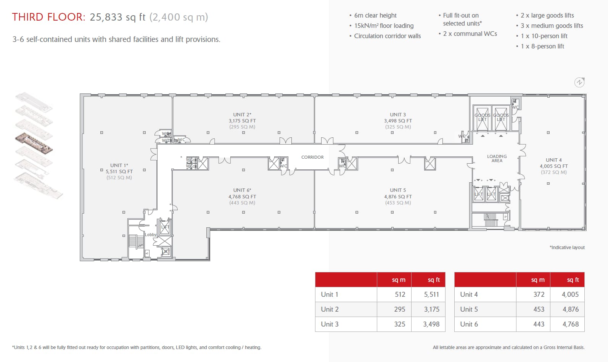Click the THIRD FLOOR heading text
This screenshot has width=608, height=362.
tap(48, 17)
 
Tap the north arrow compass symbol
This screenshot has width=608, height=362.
tap(579, 82)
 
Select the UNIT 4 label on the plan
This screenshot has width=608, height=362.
tap(553, 160)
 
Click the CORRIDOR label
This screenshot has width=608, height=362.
tap(312, 157)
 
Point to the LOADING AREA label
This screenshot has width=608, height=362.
tap(497, 158)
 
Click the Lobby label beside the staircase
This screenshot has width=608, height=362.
tap(151, 235)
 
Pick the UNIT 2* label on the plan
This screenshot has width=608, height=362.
tap(242, 114)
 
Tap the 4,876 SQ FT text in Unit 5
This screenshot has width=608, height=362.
tap(398, 196)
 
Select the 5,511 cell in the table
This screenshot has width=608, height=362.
tap(431, 294)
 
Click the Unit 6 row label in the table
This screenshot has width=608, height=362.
tap(469, 324)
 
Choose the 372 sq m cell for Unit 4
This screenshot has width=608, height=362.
tap(539, 294)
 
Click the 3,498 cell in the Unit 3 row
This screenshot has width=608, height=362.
tap(431, 324)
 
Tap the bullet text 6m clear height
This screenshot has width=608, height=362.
tap(375, 15)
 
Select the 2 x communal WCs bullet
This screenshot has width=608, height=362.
tap(470, 34)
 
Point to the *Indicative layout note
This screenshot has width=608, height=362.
tap(567, 248)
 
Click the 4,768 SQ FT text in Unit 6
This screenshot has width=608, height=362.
tap(242, 196)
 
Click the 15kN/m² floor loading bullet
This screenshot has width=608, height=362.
tap(384, 26)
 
